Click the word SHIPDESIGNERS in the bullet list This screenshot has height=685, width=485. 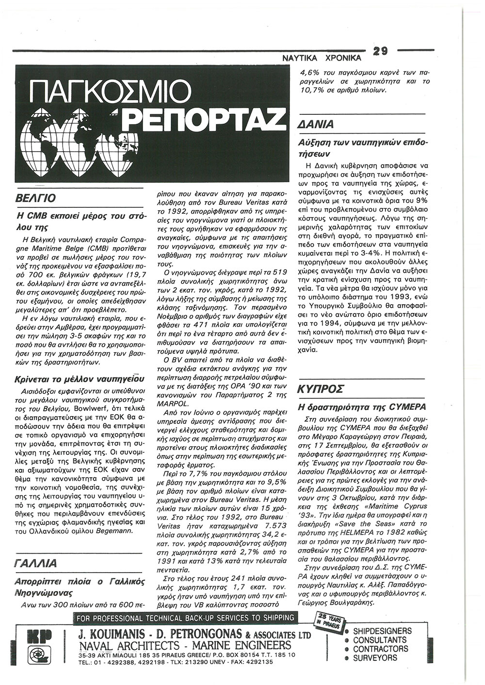pos(382,631)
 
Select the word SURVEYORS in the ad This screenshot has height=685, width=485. pos(375,658)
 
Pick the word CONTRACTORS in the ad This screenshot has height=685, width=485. pos(380,649)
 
